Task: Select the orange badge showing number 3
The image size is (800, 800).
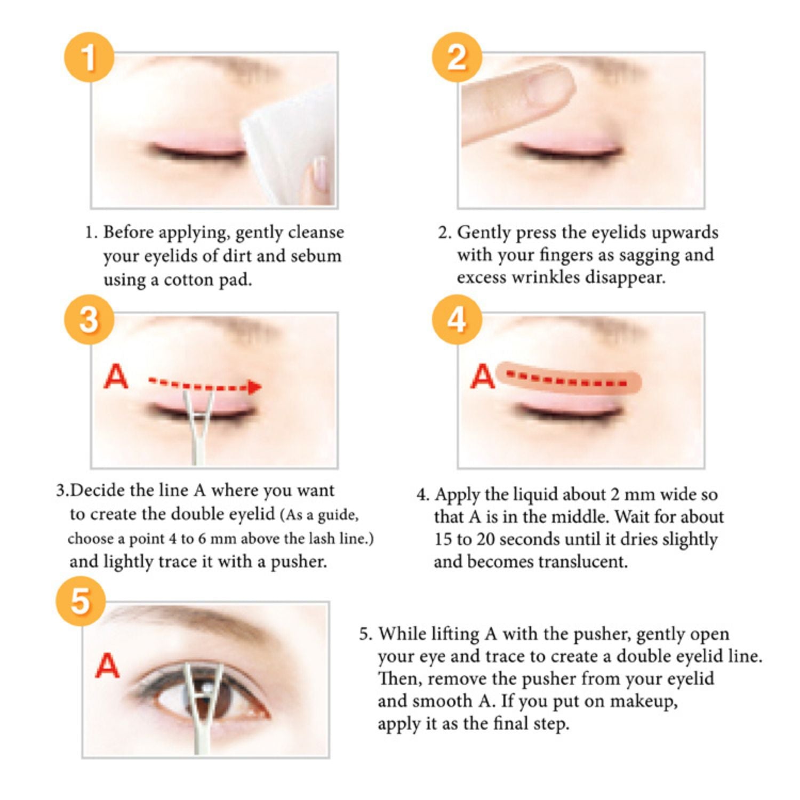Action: pyautogui.click(x=89, y=319)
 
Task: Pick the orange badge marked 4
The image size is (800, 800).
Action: pyautogui.click(x=457, y=319)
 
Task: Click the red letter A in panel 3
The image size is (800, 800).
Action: pyautogui.click(x=116, y=377)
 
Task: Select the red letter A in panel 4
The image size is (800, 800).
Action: pyautogui.click(x=483, y=377)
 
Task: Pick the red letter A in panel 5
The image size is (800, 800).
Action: pyautogui.click(x=107, y=666)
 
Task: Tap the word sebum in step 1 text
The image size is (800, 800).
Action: pyautogui.click(x=316, y=256)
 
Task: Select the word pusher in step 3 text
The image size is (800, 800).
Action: pyautogui.click(x=299, y=562)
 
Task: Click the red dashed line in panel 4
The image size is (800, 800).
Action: pyautogui.click(x=568, y=381)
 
